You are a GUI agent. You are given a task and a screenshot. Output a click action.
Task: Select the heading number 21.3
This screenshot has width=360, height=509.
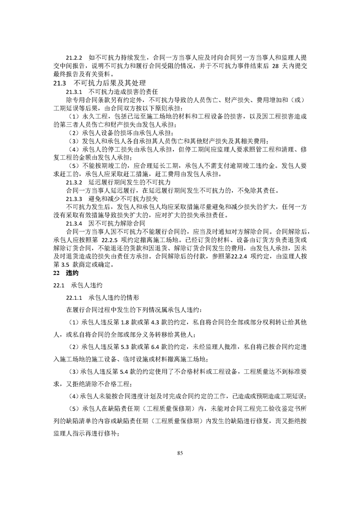60,83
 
